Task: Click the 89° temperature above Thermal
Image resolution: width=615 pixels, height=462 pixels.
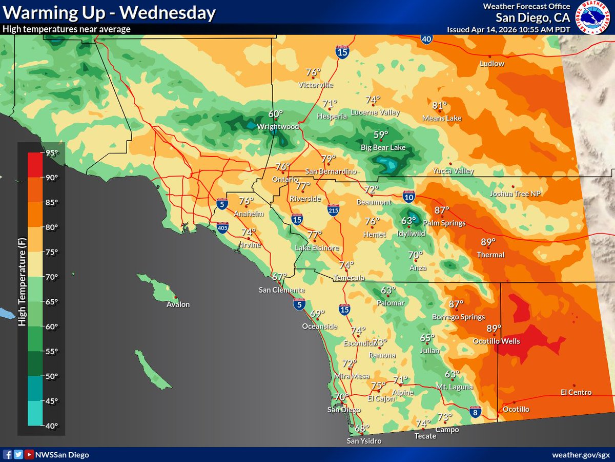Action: coord(488,242)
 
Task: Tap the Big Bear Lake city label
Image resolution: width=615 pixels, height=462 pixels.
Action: coord(383,148)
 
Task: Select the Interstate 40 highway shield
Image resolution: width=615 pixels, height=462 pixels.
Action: coord(426,38)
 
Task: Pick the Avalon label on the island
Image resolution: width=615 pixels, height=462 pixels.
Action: coord(178,304)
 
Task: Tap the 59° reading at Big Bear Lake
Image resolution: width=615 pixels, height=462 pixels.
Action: coord(380,135)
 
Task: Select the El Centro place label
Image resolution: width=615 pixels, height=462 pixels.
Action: coord(576,393)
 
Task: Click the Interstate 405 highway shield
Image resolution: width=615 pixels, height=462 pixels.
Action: coord(222,227)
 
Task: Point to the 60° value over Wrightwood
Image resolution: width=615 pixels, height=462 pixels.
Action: coord(276,114)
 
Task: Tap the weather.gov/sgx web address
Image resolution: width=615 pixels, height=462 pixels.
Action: coord(581,455)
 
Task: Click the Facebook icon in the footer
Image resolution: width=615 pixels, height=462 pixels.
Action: coord(8,455)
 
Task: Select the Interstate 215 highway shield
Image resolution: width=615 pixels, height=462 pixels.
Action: coord(333,209)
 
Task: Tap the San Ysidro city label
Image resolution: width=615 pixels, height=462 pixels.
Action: coord(364,441)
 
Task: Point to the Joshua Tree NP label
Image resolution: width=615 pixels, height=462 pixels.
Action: coord(515,194)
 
